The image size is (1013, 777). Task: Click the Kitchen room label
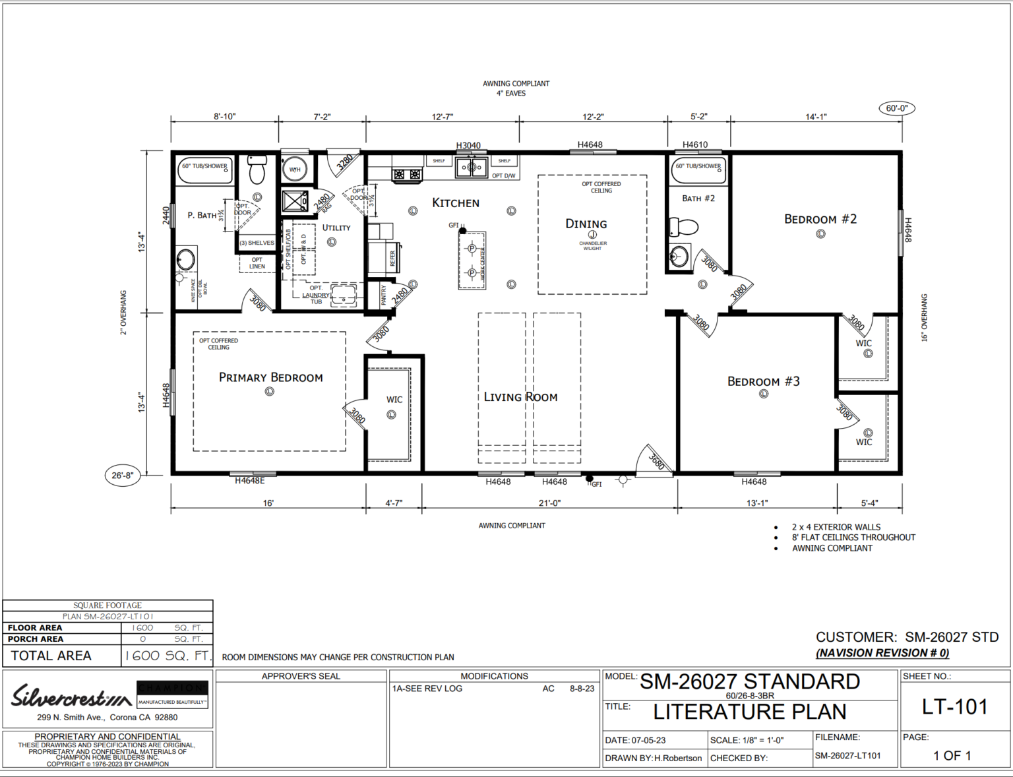[455, 202]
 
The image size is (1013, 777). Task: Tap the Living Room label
[520, 396]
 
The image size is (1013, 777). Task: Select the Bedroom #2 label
[820, 219]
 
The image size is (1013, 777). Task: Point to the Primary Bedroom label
[270, 377]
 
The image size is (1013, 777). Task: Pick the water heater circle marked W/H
[295, 170]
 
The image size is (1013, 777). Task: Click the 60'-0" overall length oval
[896, 108]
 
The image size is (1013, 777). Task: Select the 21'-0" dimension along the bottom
[549, 503]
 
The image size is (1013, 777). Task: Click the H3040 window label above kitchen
[468, 145]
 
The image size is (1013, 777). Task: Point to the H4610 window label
[695, 144]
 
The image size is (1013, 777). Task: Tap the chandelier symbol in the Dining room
[592, 235]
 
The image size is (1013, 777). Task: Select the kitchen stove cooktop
[407, 174]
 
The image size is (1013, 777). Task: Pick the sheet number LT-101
[954, 707]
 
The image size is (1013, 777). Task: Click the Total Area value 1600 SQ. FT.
[168, 656]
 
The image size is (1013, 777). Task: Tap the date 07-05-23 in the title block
[648, 740]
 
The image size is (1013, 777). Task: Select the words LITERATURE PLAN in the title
[749, 712]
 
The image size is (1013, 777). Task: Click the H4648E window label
[250, 481]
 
